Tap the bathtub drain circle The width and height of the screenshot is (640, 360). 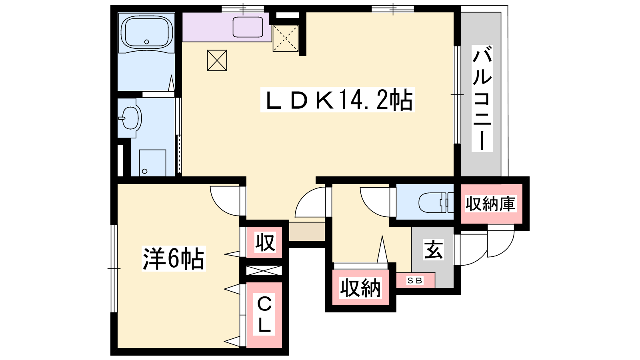tap(146, 42)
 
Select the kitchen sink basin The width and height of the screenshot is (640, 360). tap(248, 27)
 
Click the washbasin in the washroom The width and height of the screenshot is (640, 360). tap(130, 118)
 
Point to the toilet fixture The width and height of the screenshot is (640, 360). tap(436, 202)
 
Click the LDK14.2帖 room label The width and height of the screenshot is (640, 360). tap(338, 100)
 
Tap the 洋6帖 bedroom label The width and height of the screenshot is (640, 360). tap(174, 258)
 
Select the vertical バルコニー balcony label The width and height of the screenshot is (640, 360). tap(482, 98)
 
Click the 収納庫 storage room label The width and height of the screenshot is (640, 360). tap(490, 204)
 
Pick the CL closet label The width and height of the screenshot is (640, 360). tap(264, 314)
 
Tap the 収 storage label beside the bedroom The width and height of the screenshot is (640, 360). tap(265, 242)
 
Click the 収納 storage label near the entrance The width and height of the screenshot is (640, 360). tap(360, 288)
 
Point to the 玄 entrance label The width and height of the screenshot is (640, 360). tap(433, 250)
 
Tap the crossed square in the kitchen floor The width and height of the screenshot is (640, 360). tap(217, 60)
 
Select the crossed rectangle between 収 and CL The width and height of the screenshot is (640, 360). tap(264, 270)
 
